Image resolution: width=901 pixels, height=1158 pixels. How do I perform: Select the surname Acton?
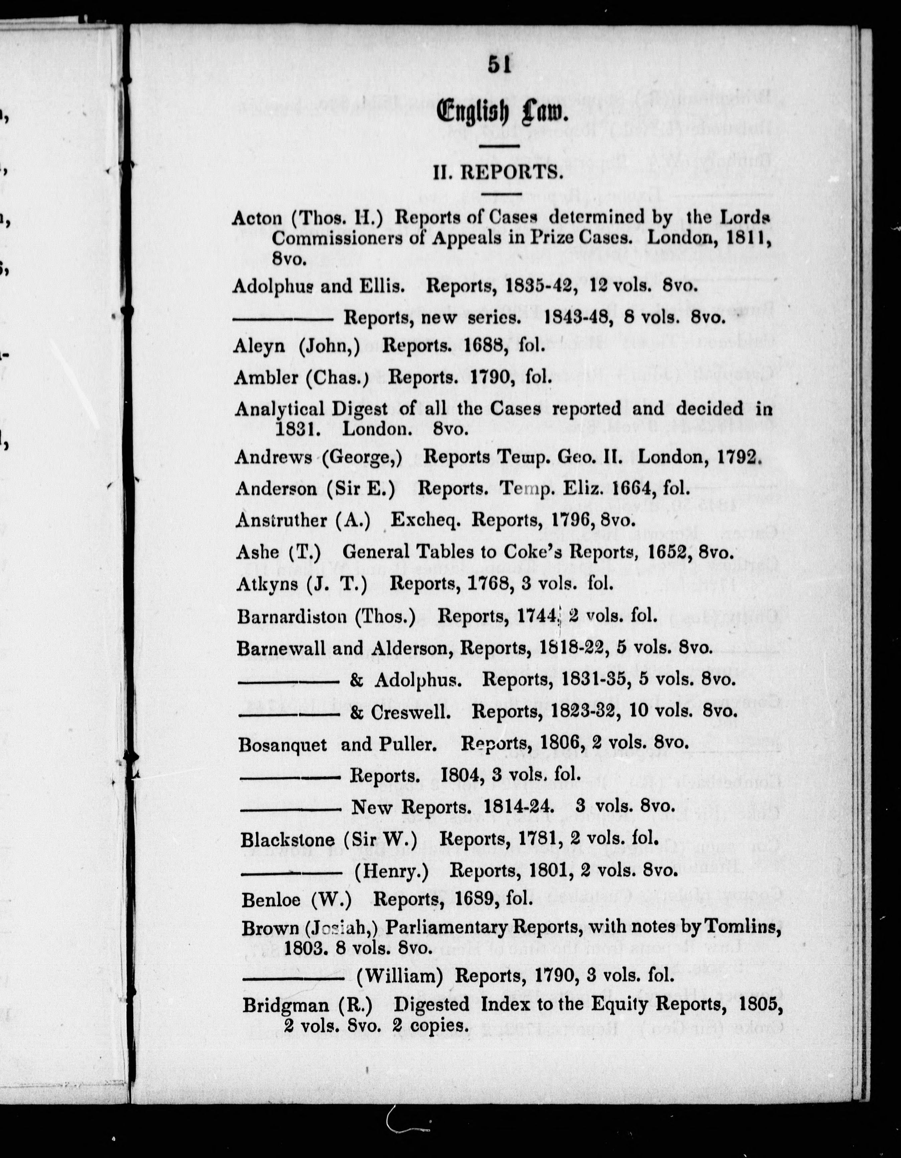(257, 218)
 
